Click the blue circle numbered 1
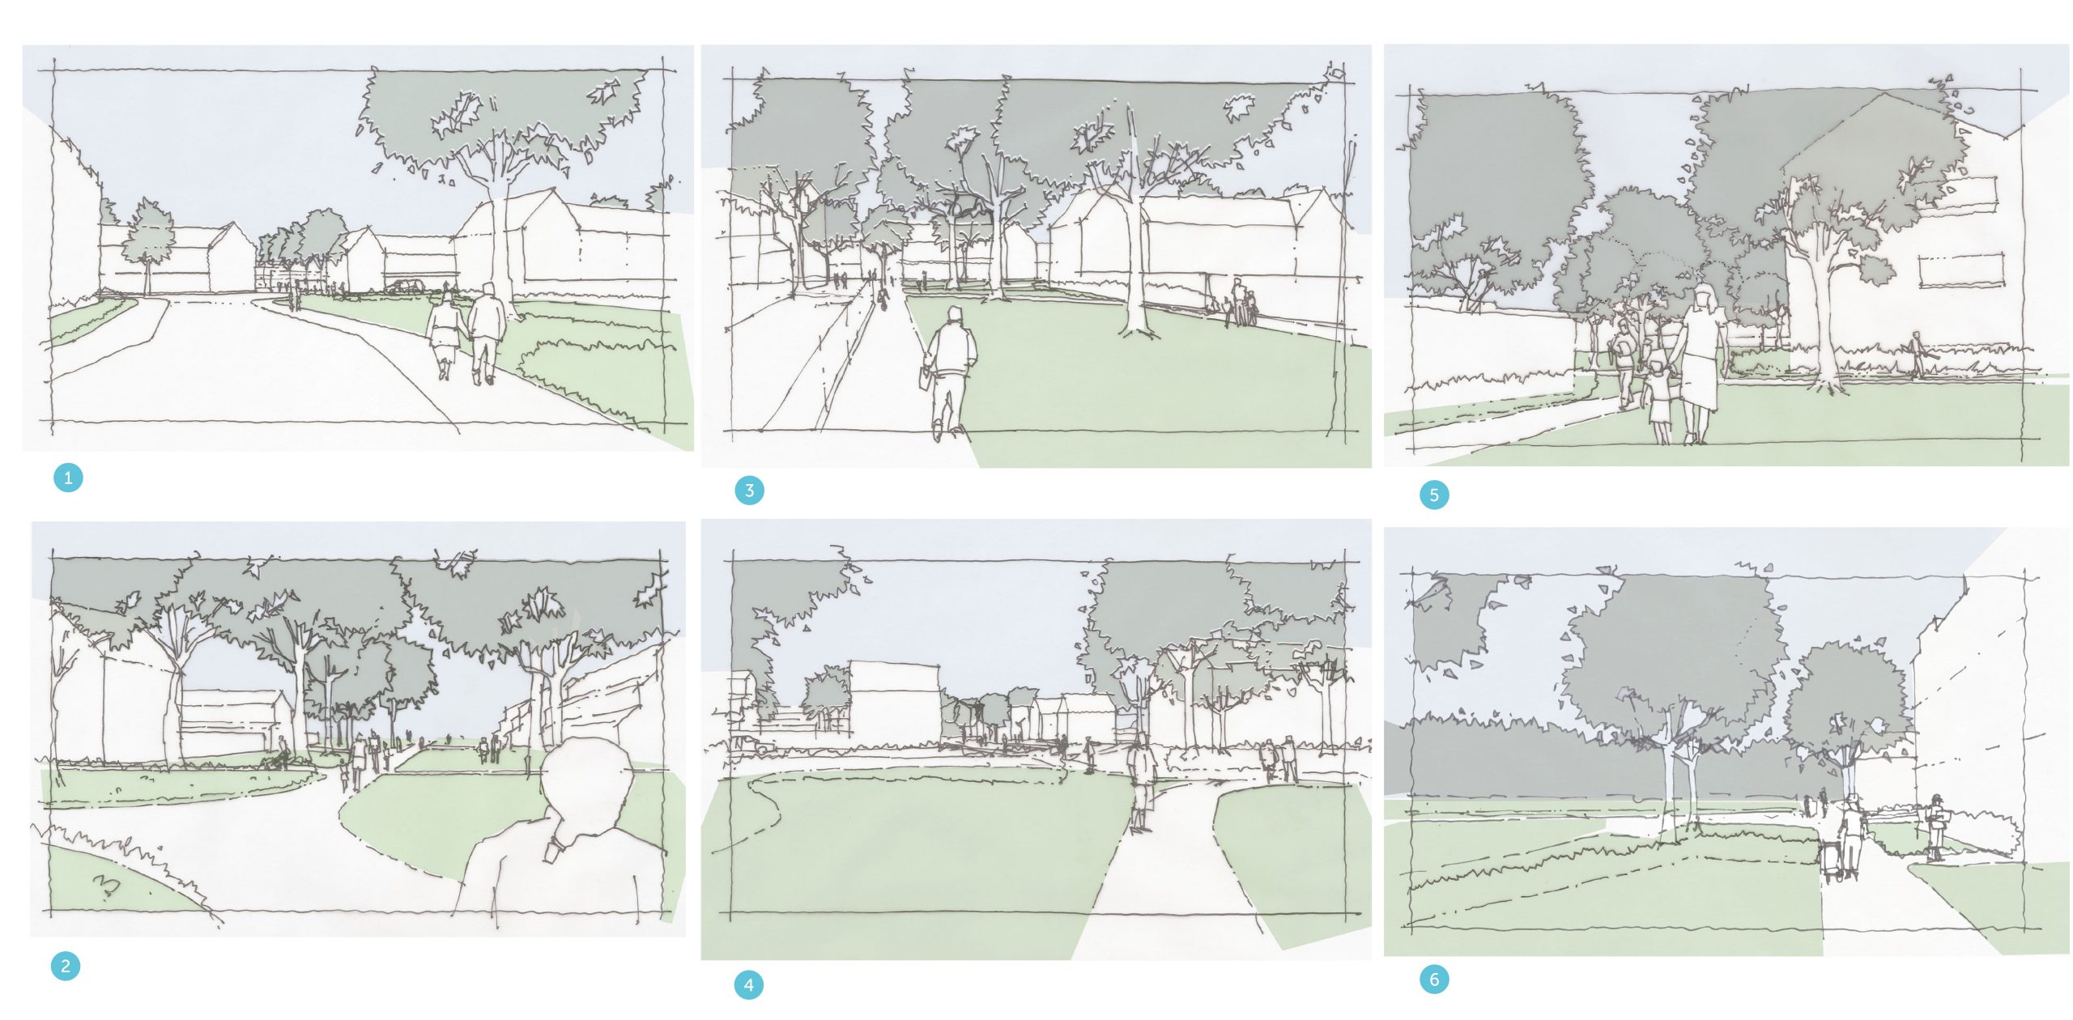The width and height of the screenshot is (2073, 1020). coord(68,478)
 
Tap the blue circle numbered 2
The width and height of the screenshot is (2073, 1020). coord(66,966)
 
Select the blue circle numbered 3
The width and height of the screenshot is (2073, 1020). coord(749,490)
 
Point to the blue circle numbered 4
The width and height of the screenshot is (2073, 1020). coord(748,985)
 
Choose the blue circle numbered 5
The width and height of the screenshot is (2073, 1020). coord(1434,495)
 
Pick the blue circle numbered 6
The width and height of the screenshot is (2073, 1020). coord(1434,980)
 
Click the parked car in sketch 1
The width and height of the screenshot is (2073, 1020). coord(404,286)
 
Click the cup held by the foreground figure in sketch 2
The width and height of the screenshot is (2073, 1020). coord(553,850)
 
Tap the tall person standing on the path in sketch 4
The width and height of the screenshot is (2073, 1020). coord(1141,782)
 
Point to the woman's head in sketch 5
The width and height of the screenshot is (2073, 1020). coord(1705,296)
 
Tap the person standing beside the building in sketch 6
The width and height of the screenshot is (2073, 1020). coord(1934,828)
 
